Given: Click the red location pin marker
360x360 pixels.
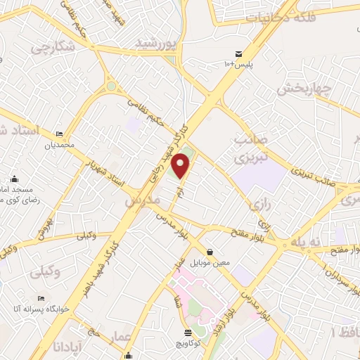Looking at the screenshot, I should point(181,165).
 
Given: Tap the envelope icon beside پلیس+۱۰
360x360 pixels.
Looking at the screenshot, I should point(239,54).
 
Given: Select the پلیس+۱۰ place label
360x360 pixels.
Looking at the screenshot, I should point(238,65).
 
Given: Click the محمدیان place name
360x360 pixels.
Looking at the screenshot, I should point(59,146).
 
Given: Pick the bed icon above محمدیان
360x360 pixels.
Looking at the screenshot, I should point(59,134).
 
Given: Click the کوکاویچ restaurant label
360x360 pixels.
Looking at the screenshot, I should point(188,344).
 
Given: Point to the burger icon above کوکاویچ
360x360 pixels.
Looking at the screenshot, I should point(188,333).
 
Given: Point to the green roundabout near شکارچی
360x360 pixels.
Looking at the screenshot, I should point(110,86).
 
